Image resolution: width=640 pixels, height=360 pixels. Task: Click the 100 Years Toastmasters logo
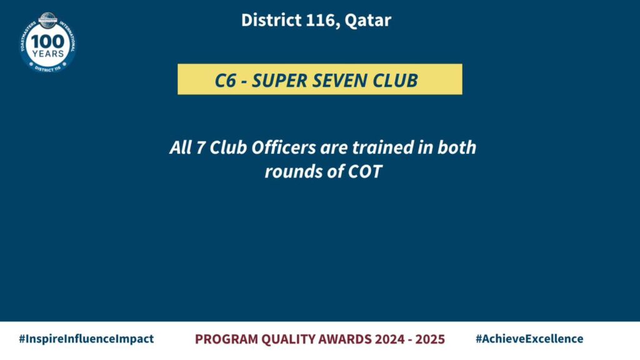[x=47, y=43]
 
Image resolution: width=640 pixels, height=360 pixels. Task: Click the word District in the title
[x=271, y=20]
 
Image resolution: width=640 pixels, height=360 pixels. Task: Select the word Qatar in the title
[x=367, y=21]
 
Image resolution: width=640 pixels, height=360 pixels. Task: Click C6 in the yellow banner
[x=225, y=81]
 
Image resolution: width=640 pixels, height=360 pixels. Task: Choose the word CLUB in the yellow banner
[x=395, y=81]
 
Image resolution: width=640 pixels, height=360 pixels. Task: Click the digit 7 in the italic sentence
[x=200, y=147]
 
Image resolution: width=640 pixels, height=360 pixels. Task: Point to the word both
[x=457, y=147]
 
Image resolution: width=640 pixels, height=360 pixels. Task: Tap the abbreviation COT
[x=364, y=171]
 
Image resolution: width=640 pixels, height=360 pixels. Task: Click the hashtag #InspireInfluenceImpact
[x=86, y=339]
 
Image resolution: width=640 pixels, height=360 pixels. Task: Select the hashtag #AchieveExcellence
[x=529, y=339]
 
